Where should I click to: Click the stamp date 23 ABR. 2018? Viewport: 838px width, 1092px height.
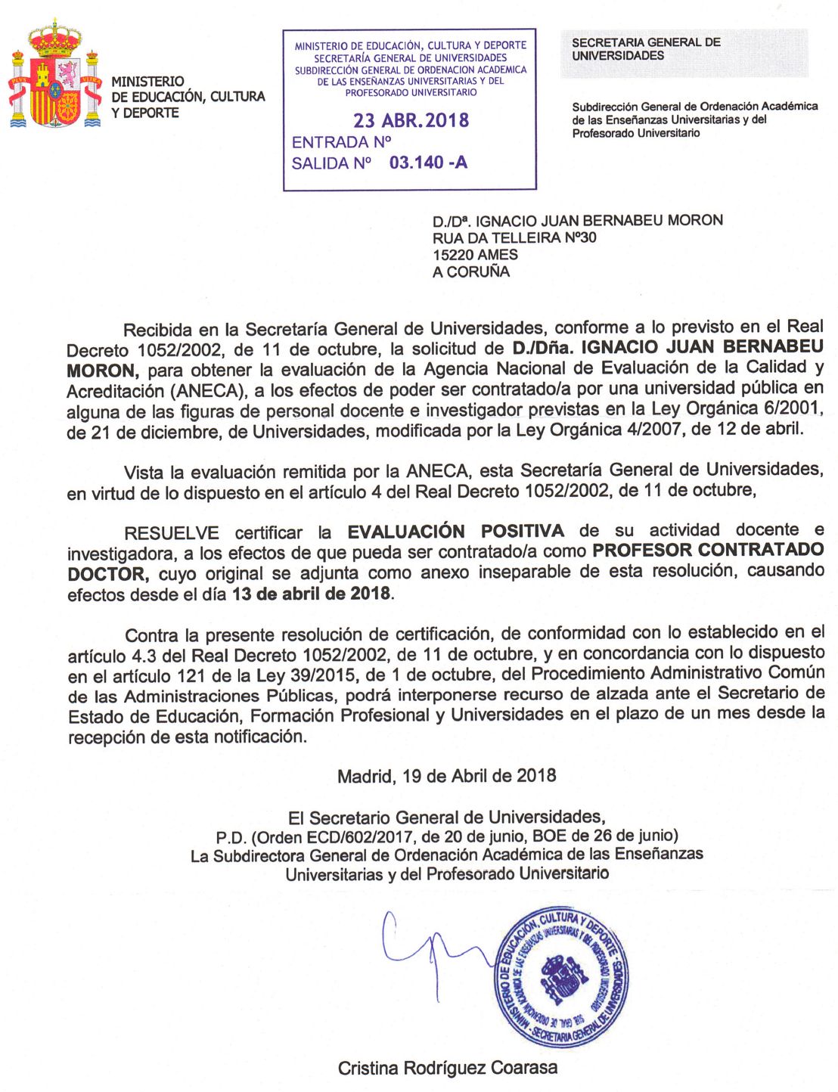[411, 120]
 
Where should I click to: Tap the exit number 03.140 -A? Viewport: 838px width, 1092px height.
[428, 163]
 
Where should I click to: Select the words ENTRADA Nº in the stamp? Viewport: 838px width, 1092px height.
[341, 142]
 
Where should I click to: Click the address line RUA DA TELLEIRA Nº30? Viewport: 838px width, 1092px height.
[514, 237]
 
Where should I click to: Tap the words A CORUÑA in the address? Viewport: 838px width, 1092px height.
[471, 272]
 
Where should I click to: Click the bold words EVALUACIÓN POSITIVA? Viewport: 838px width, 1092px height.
[455, 531]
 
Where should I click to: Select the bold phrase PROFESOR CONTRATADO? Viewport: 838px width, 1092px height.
[708, 550]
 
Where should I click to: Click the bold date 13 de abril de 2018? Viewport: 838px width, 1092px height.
[312, 594]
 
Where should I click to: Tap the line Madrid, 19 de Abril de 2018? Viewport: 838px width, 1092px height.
[446, 776]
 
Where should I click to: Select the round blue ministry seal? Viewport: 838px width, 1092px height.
[561, 976]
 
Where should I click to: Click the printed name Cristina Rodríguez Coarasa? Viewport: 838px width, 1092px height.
[448, 1068]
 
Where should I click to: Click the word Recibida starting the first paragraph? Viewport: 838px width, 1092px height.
[159, 330]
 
